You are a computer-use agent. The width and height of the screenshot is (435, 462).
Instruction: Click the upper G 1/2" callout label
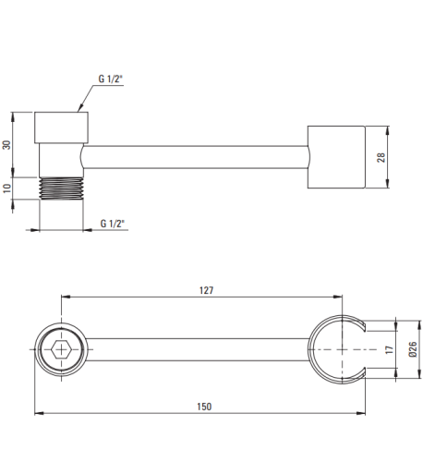[x=110, y=79]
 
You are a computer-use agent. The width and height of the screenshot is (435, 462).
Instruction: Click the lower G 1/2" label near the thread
[x=113, y=224]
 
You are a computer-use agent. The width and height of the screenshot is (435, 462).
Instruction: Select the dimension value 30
[x=6, y=145]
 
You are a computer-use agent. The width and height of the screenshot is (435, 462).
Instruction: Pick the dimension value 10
[x=6, y=188]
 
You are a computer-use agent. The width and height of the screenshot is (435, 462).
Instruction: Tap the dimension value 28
[x=381, y=157]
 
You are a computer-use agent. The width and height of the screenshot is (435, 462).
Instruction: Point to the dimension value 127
[x=206, y=290]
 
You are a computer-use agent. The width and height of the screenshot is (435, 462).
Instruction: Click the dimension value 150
[x=204, y=407]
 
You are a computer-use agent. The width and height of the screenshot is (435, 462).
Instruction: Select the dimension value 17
[x=390, y=349]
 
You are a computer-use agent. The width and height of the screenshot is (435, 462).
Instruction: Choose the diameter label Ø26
[x=413, y=349]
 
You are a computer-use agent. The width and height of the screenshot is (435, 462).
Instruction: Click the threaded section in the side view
[x=61, y=188]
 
